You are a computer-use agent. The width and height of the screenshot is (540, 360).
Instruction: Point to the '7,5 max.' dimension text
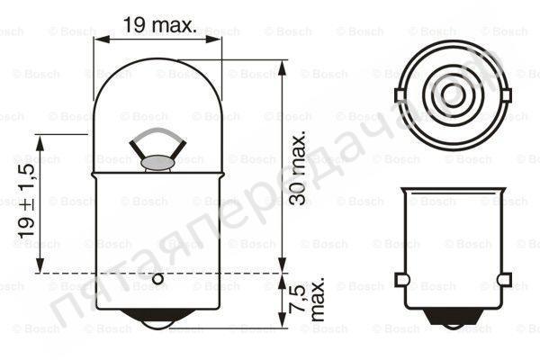307,302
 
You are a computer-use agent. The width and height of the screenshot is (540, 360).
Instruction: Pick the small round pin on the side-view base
157,279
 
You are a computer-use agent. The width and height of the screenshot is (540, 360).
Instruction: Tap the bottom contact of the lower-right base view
454,316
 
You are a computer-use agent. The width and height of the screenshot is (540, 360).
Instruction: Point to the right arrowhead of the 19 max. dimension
213,38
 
